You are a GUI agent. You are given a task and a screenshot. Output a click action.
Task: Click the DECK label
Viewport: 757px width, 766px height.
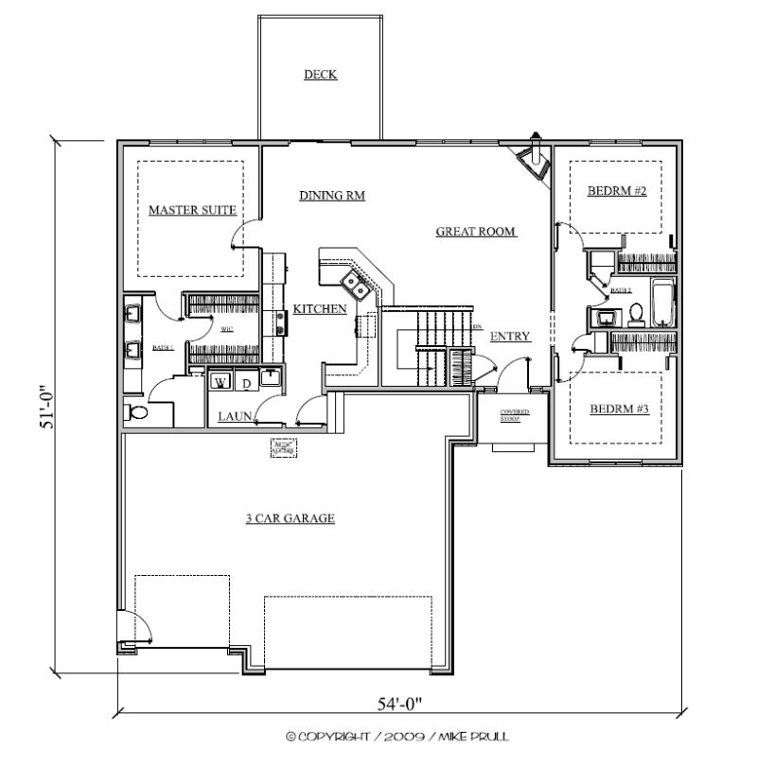point(321,75)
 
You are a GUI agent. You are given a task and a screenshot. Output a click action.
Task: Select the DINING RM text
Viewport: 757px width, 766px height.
point(332,196)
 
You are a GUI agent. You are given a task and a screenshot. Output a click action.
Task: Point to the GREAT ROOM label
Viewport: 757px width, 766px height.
point(475,231)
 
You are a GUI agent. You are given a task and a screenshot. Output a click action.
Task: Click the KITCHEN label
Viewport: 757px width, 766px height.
point(319,308)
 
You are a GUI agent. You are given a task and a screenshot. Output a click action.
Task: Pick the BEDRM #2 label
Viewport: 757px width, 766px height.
point(616,191)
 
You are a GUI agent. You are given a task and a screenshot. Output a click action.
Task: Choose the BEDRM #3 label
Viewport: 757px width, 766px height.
point(618,409)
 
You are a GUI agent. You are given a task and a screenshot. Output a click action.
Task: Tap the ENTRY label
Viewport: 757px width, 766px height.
point(510,336)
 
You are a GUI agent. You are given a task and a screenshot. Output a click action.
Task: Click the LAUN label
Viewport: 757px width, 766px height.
point(234,415)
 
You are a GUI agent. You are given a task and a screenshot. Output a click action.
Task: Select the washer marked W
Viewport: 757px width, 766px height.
point(220,382)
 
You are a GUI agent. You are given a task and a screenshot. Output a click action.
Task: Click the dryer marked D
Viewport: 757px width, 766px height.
point(244,382)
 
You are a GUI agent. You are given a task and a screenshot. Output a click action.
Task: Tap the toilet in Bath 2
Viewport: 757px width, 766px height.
point(636,313)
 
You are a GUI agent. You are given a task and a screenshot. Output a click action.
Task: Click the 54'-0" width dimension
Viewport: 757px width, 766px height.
point(398,704)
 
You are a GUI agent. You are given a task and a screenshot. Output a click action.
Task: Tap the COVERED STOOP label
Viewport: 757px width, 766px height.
point(516,413)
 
